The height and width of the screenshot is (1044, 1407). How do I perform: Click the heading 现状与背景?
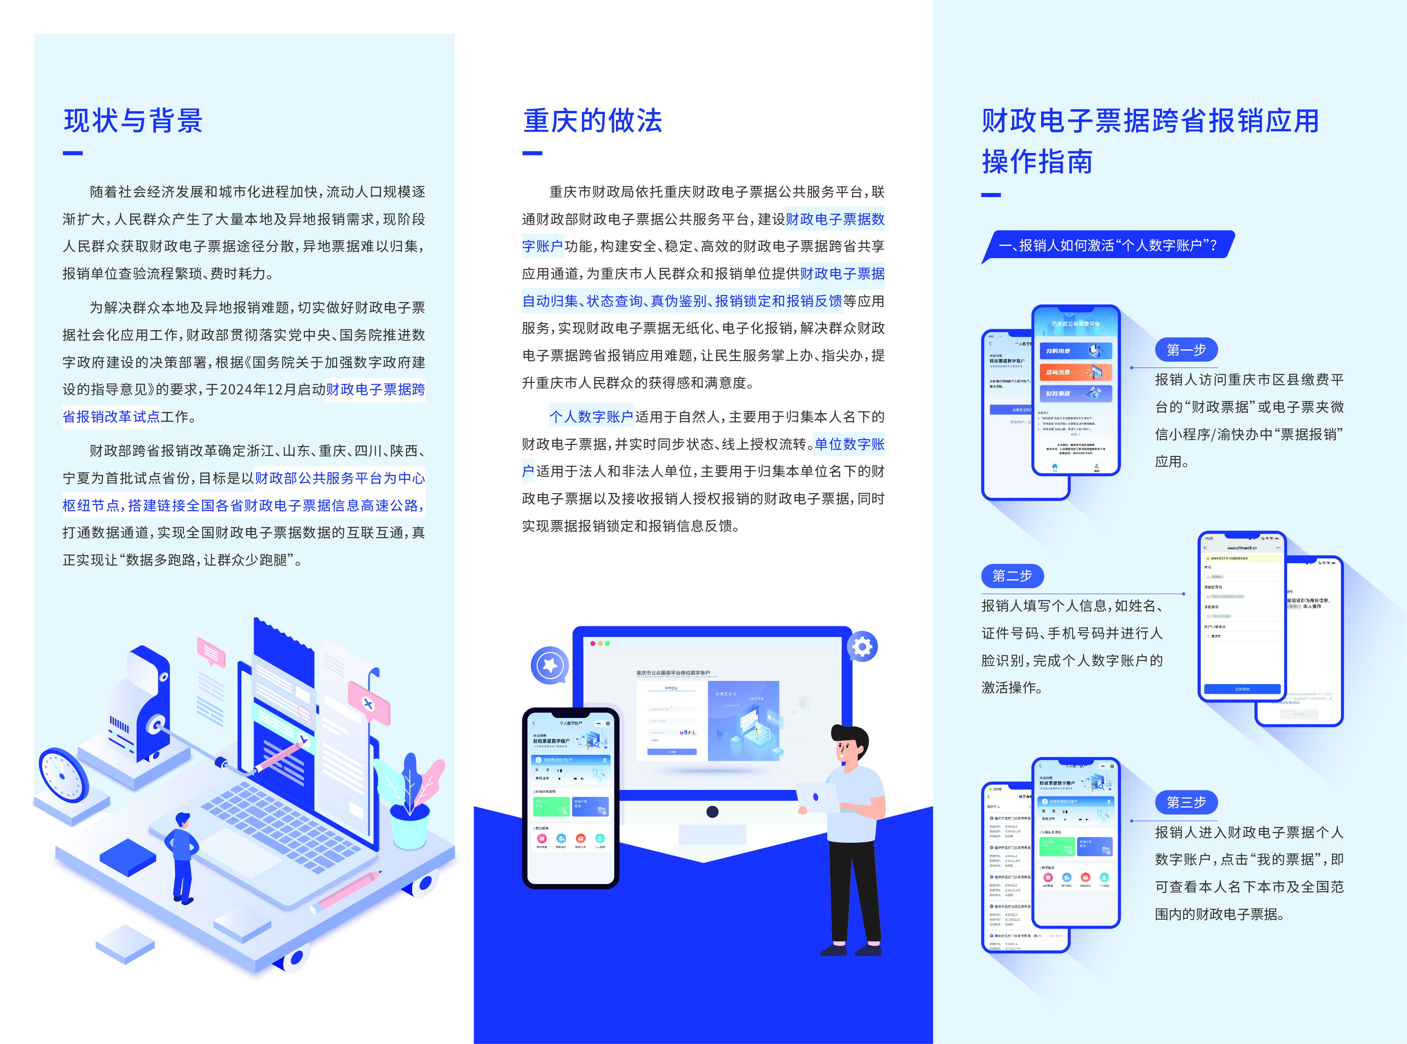[x=133, y=121]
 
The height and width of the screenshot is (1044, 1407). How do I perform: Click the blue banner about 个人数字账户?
[x=1107, y=245]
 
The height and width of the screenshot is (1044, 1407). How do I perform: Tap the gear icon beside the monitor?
[x=862, y=646]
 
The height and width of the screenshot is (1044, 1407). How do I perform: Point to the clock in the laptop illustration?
[x=63, y=775]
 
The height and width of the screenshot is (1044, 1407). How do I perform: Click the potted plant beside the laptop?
[x=411, y=803]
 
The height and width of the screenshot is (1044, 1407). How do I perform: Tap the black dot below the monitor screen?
[x=713, y=812]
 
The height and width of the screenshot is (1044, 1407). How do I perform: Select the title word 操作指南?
[x=1037, y=162]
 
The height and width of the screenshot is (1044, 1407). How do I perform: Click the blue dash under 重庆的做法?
[x=532, y=153]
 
